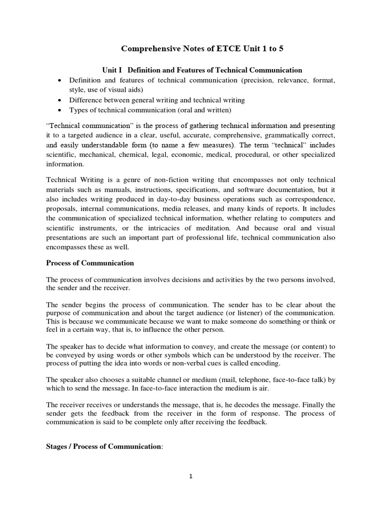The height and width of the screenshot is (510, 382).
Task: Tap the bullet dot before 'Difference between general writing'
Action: (x=60, y=100)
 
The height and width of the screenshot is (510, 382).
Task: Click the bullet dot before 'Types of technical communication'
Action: (x=60, y=110)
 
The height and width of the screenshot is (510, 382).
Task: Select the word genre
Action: (x=127, y=180)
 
